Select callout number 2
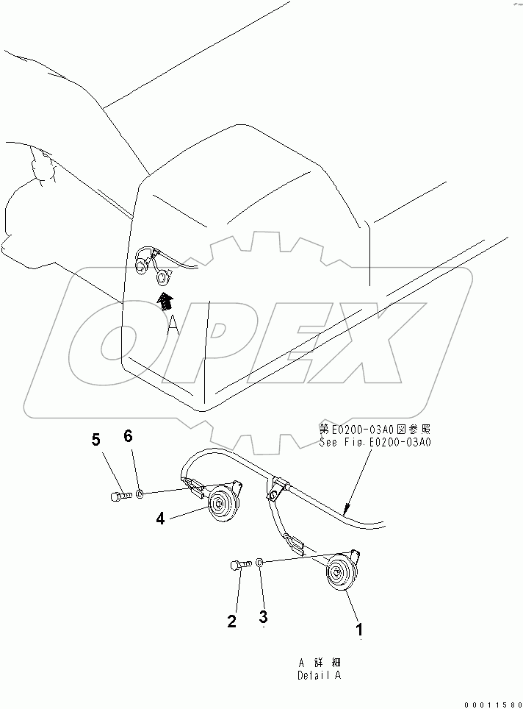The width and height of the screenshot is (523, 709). (x=231, y=621)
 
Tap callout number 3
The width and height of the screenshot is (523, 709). (x=263, y=615)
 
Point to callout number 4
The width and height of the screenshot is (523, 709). (x=160, y=518)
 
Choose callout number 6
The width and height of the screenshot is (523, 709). (x=128, y=436)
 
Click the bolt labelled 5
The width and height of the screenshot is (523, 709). (x=120, y=497)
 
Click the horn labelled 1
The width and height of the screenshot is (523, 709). (x=339, y=574)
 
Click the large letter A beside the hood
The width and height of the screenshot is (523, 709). (x=173, y=325)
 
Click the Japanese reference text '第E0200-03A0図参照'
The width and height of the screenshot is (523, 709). (x=375, y=430)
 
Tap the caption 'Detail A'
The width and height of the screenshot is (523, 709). (x=320, y=674)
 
